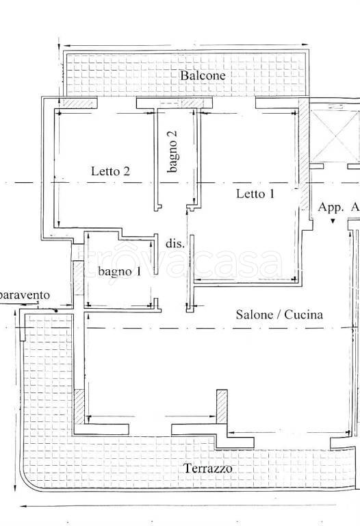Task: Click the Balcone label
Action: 203,75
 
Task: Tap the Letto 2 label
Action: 110,171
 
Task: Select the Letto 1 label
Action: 255,194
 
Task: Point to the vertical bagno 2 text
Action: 172,151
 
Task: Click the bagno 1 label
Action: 120,271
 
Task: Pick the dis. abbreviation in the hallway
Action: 175,244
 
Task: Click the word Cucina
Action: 304,314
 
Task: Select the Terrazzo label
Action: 208,468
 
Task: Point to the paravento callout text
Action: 25,296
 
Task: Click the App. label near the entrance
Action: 331,208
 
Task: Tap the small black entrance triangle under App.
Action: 333,221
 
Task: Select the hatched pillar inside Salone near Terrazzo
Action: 222,407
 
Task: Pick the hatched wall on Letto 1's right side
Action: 304,153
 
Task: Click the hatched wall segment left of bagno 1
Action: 78,278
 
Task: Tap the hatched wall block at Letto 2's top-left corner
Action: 78,102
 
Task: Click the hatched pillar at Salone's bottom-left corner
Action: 79,406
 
